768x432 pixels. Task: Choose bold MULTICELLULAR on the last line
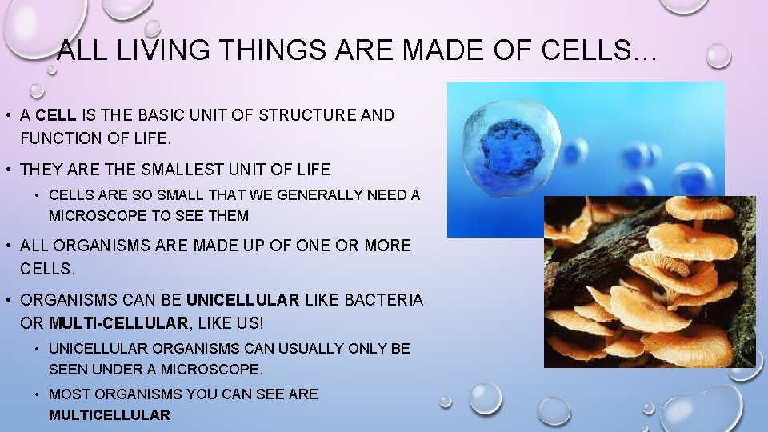click(x=110, y=415)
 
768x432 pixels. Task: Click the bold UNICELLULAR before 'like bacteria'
click(x=243, y=300)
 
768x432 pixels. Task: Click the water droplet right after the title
click(x=718, y=55)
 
